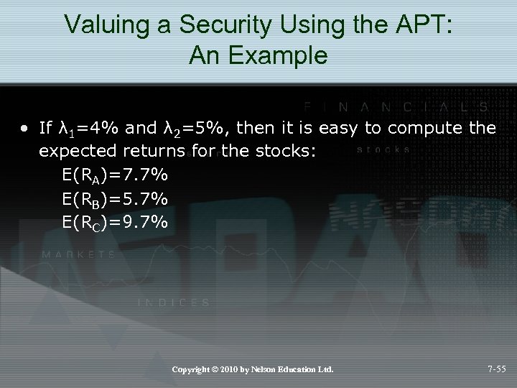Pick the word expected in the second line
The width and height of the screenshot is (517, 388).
click(78, 152)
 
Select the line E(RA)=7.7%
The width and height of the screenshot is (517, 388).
click(116, 175)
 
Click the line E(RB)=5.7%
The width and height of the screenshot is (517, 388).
click(116, 198)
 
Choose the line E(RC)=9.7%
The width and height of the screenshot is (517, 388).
click(116, 222)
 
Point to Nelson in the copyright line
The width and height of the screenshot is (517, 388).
click(270, 369)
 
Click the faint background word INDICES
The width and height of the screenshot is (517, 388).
click(174, 303)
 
